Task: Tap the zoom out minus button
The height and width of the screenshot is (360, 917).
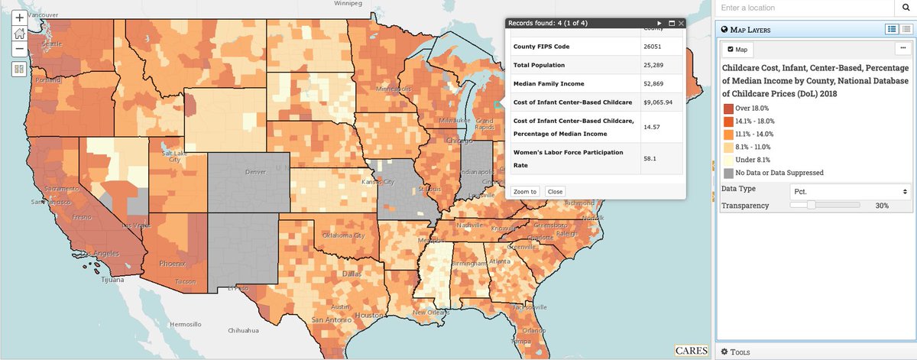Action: (19, 48)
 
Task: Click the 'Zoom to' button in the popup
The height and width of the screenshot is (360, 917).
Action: (524, 191)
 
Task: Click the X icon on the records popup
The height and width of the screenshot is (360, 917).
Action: (681, 24)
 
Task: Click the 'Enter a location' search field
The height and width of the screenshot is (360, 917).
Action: (802, 8)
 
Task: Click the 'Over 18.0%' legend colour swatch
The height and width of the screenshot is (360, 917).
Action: (728, 108)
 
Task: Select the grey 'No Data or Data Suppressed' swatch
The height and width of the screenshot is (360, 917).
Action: (728, 173)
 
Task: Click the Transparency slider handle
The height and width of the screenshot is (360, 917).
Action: (811, 205)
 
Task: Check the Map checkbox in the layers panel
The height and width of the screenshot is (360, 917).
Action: (731, 50)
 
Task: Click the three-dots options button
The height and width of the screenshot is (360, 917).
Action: (902, 49)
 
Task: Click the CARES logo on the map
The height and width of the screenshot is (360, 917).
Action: (691, 351)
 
